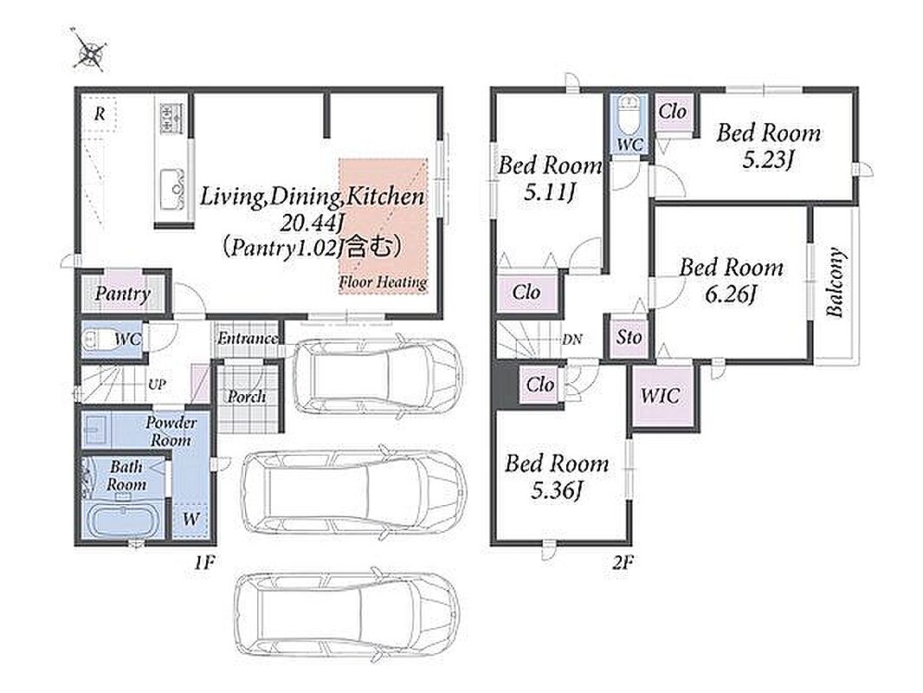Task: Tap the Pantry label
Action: pos(123,294)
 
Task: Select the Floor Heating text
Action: pos(383,282)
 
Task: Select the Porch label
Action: pos(247,397)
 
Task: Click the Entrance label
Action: pos(248,339)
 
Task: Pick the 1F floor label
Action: pos(204,563)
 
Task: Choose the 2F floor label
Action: pos(623,563)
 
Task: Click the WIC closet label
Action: pos(660,396)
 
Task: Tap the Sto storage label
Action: pos(629,337)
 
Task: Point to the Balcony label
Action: pos(836,283)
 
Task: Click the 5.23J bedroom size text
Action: pos(768,160)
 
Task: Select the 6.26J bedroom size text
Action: pos(731,294)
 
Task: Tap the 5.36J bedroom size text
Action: pos(556,490)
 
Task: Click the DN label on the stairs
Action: pos(572,340)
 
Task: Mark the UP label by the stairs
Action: pos(157,385)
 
